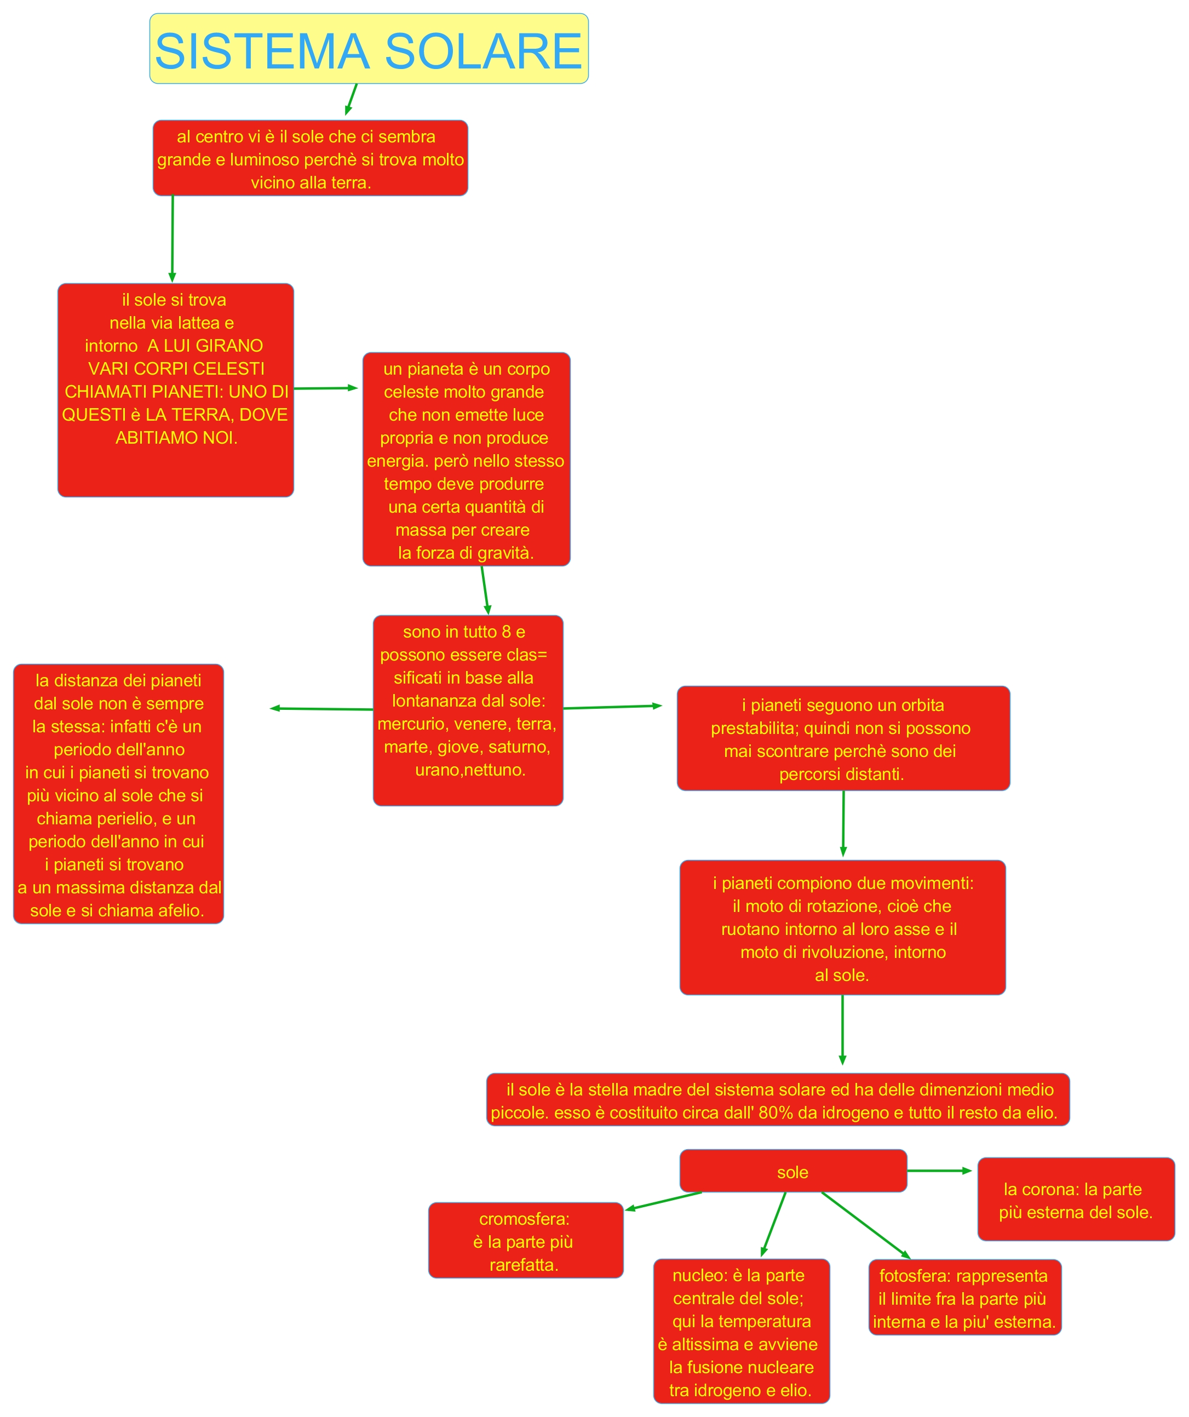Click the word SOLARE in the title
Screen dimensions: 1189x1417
[x=483, y=51]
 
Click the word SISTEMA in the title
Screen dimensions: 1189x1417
[x=262, y=51]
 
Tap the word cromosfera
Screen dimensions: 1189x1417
[x=524, y=1219]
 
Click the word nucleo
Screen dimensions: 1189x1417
[x=694, y=1275]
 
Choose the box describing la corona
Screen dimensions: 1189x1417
[x=1076, y=1200]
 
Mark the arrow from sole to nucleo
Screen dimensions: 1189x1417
[x=773, y=1224]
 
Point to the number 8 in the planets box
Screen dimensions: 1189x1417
[x=506, y=632]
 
